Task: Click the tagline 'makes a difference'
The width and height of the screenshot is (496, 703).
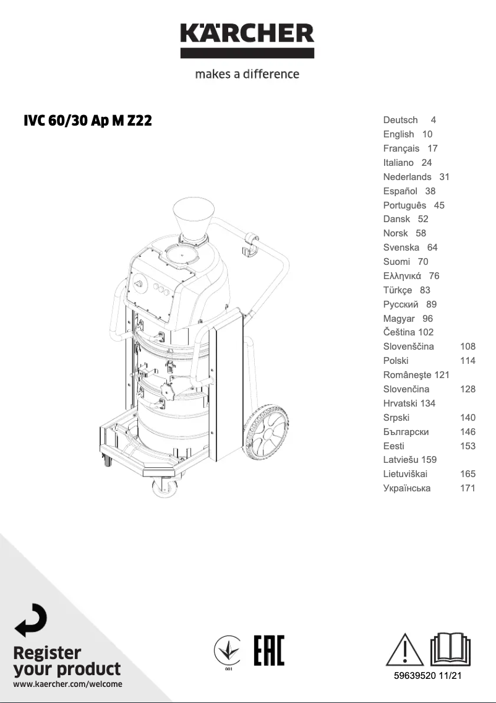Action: pos(247,74)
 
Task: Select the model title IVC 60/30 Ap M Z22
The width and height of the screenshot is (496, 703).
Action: pos(87,121)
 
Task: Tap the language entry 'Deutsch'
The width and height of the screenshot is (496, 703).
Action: pos(400,120)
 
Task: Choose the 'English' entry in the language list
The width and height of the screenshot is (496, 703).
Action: pos(398,134)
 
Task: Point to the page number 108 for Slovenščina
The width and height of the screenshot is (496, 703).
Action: pos(468,347)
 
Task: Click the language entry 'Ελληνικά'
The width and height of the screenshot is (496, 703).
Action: pos(402,276)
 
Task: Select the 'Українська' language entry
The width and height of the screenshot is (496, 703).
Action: pos(407,488)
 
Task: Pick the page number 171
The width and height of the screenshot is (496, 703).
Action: pos(468,488)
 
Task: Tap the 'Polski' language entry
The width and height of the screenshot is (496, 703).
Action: pos(396,361)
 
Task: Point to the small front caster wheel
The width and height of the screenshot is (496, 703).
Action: pos(163,488)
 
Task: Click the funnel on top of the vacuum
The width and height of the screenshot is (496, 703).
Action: pos(194,218)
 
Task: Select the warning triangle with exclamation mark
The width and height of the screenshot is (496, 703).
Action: pos(405,649)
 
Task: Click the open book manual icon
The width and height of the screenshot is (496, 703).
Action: pos(450,649)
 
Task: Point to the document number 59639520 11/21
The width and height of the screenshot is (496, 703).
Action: pos(428,676)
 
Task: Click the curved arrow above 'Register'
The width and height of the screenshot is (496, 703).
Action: pos(30,620)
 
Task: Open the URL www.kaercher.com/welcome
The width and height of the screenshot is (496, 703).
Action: pos(67,684)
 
